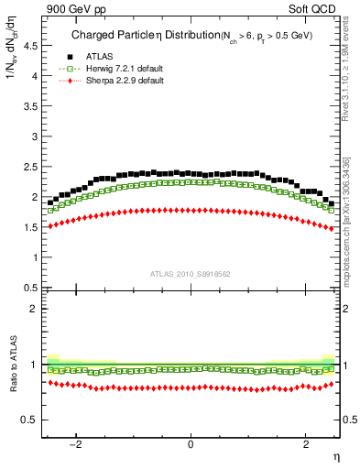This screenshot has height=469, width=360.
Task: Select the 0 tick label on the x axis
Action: (x=191, y=444)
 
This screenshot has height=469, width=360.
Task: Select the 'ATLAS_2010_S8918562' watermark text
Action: (x=191, y=274)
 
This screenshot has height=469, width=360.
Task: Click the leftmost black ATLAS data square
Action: (x=50, y=202)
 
